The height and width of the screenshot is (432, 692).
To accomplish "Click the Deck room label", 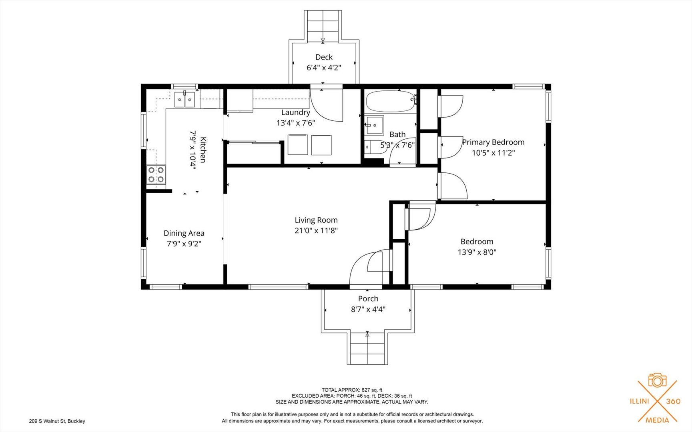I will pos(324,57).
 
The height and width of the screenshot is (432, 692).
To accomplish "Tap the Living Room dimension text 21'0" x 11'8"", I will pos(316,231).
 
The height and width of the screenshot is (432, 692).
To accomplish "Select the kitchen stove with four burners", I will pos(156,175).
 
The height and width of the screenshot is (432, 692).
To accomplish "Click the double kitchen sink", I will pos(184,100).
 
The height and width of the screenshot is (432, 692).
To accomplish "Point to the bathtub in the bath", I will pos(390,102).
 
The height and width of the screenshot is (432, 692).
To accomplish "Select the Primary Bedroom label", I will pos(493,142).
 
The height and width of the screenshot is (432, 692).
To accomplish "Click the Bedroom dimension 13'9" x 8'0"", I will pos(477,252).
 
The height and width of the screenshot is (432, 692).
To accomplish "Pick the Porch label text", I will pos(368,299).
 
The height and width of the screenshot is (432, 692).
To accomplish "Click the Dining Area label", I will pos(184,233).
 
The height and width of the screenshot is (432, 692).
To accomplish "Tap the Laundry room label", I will pos(295,113).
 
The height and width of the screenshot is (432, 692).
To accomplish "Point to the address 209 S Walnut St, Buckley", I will pos(57,421).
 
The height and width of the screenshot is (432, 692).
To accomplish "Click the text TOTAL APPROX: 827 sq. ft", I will pos(351,390).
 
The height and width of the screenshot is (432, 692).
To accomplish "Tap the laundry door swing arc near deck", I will pos(326,105).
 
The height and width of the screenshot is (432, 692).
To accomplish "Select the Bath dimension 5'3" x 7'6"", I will pos(397,146).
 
